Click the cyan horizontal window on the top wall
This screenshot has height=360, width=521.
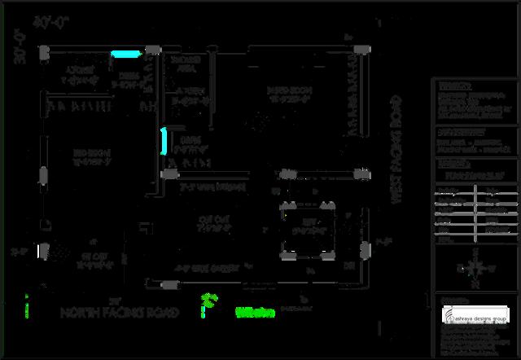pos(125,55)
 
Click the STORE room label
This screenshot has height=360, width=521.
pos(79,74)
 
